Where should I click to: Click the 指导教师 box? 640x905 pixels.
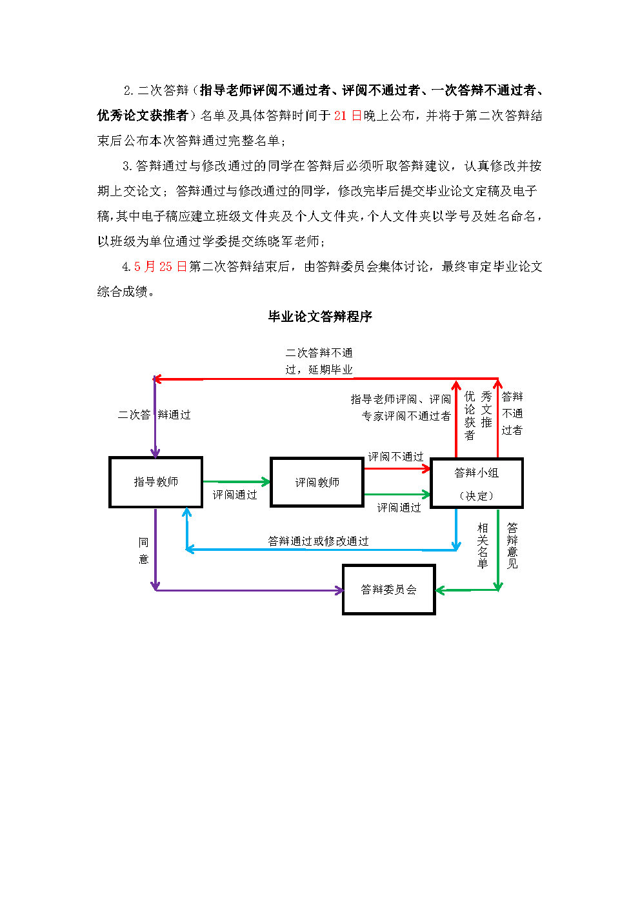(155, 482)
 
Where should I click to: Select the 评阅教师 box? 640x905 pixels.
(317, 482)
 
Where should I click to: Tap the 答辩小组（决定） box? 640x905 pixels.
(476, 483)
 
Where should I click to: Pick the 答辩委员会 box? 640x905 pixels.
(388, 590)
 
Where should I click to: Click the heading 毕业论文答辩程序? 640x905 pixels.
(320, 316)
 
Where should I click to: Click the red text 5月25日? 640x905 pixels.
(160, 266)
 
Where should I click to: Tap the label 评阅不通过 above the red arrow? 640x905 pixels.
(395, 457)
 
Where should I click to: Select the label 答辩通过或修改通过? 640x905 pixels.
(318, 541)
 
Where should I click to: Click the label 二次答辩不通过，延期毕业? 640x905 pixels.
(319, 361)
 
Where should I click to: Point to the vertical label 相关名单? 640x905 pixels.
(483, 546)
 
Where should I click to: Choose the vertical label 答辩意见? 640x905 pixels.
(512, 546)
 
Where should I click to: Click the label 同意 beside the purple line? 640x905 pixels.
(143, 550)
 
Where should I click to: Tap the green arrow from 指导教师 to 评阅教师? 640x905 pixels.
(235, 482)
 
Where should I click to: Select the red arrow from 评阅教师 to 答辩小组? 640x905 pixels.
(396, 468)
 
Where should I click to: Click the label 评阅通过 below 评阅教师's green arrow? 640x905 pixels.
(399, 508)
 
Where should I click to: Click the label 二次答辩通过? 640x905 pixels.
(154, 415)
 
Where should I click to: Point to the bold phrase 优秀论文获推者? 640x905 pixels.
(142, 115)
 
